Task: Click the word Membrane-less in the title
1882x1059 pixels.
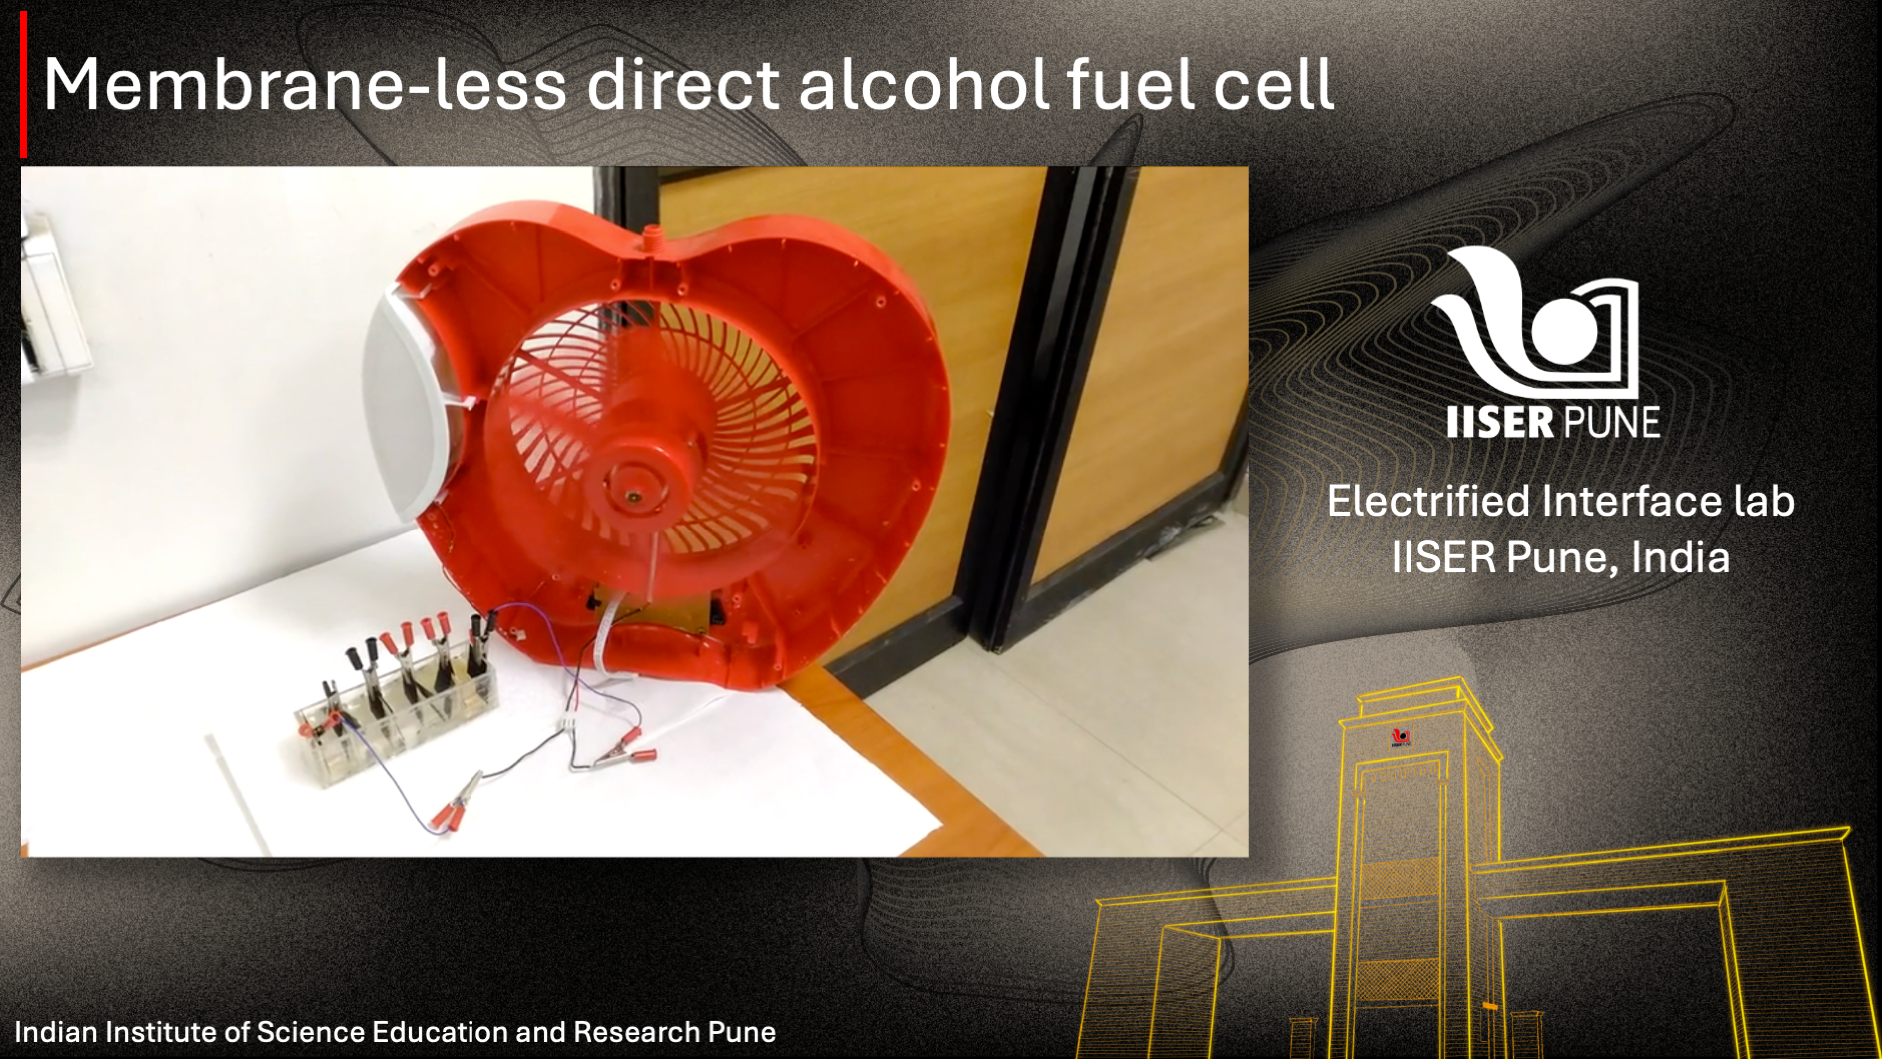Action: pos(304,84)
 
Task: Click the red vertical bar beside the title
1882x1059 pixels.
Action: pos(23,84)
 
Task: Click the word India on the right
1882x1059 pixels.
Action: pos(1680,557)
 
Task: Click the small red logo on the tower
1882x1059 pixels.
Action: pos(1401,737)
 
